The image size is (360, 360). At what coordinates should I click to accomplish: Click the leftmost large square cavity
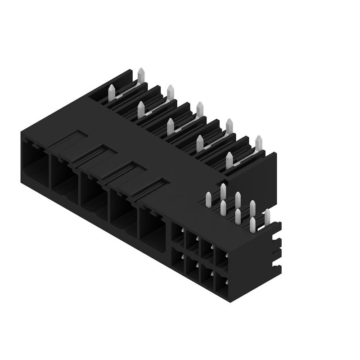pos(34,162)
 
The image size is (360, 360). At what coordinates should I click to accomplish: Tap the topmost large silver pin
pos(140,75)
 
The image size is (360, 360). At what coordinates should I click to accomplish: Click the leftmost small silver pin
pos(208,199)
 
